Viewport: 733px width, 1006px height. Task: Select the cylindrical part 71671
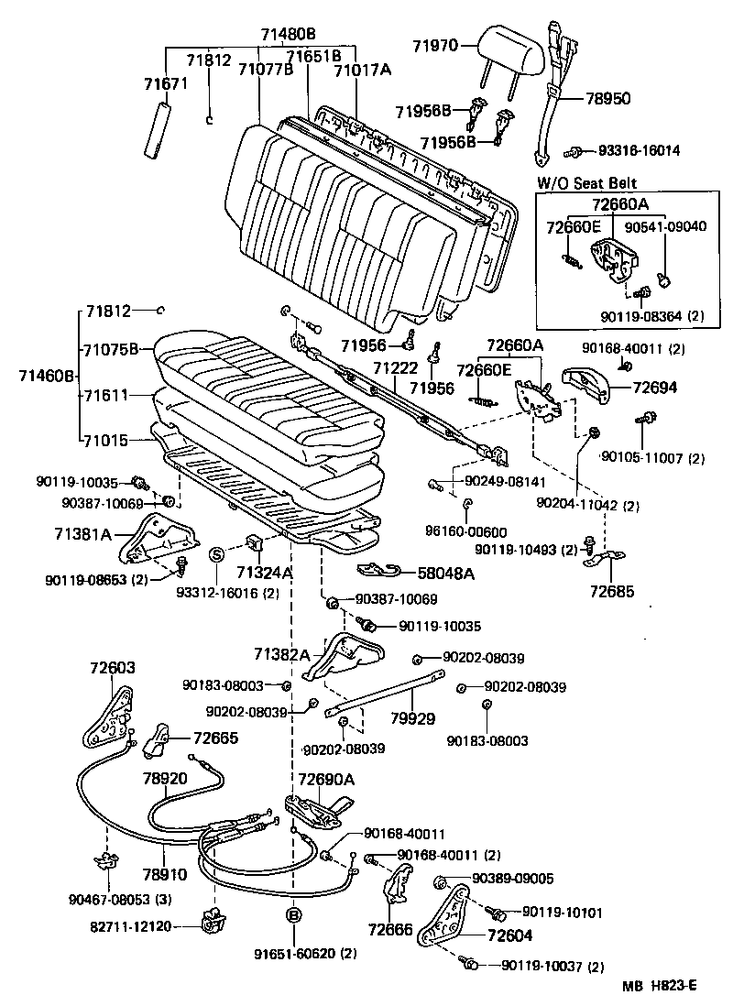click(x=159, y=130)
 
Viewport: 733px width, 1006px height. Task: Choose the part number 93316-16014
click(x=639, y=150)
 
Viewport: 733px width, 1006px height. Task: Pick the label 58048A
click(x=448, y=573)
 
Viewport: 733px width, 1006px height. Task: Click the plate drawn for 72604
click(x=446, y=915)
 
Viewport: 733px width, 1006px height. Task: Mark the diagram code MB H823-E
click(x=660, y=986)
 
